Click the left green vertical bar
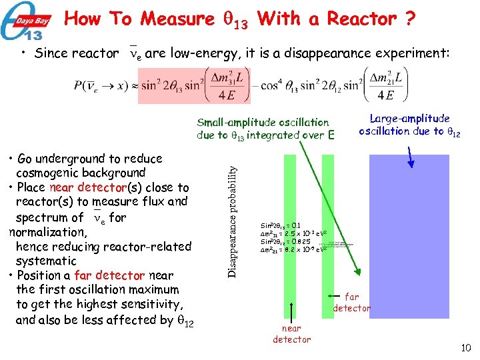290,236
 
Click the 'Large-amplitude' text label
410,118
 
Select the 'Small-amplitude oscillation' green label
263,123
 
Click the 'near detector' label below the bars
291,333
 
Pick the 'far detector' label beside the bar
351,302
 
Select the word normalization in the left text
47,232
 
